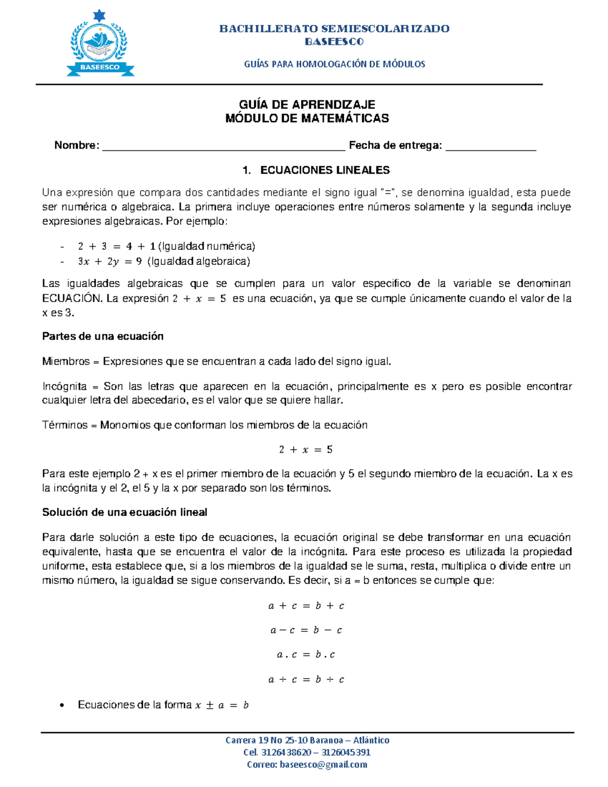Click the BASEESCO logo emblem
[100, 45]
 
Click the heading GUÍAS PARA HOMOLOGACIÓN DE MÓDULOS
[334, 64]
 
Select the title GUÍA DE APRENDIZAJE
[307, 104]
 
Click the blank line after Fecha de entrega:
[490, 146]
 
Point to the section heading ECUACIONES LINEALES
[325, 170]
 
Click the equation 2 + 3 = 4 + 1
[117, 246]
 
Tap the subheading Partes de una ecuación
[103, 336]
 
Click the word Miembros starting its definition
[66, 361]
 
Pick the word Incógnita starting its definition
[64, 386]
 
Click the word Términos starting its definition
[65, 425]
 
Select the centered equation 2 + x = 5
[306, 449]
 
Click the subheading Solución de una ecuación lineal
[125, 512]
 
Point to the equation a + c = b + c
[306, 606]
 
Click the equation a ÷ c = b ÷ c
[306, 680]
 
